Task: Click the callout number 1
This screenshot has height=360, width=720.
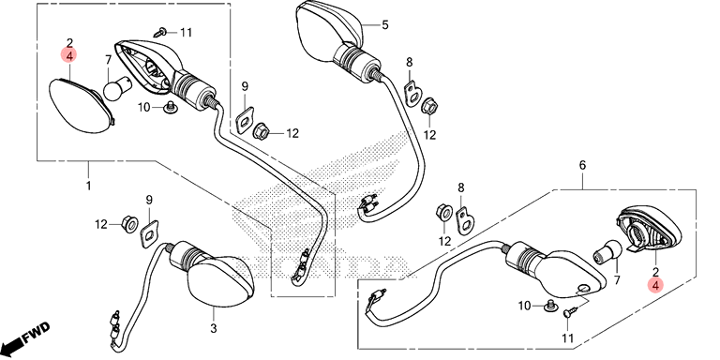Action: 88,187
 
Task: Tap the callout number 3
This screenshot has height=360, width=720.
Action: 214,329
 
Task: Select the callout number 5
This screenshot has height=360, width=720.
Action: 384,24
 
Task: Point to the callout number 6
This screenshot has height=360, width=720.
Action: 583,165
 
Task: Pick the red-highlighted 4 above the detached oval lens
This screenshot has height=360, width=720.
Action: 69,55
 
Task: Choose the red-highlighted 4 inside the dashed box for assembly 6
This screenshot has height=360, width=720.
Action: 655,285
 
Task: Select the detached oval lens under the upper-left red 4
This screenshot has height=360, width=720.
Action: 82,106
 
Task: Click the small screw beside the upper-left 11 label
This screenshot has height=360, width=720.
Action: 160,33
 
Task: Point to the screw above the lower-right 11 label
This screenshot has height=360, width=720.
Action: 568,312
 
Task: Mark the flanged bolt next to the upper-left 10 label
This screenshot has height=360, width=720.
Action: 171,108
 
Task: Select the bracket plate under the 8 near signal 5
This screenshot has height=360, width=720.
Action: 413,92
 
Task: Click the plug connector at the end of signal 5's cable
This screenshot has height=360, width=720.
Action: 366,205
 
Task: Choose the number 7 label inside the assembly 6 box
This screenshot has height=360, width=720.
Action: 617,280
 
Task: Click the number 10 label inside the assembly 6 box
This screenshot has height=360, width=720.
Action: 524,306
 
